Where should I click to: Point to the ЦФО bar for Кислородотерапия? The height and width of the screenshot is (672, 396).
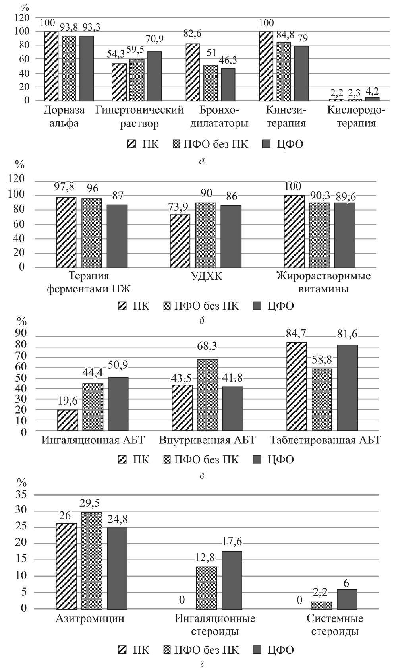click(x=372, y=99)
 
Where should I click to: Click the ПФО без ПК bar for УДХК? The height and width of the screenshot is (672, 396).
click(x=205, y=235)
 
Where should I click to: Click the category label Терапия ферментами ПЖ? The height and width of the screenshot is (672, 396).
click(x=89, y=282)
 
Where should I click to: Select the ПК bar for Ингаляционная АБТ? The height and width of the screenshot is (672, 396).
click(x=68, y=420)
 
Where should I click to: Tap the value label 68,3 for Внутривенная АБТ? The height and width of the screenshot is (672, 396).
click(x=207, y=346)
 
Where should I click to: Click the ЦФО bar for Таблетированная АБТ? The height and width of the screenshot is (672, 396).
click(x=347, y=387)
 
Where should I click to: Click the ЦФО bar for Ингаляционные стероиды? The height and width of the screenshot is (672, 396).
click(x=232, y=580)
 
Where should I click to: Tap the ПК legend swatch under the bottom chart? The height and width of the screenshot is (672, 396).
click(x=123, y=650)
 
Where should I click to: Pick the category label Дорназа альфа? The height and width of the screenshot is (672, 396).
click(x=64, y=116)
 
